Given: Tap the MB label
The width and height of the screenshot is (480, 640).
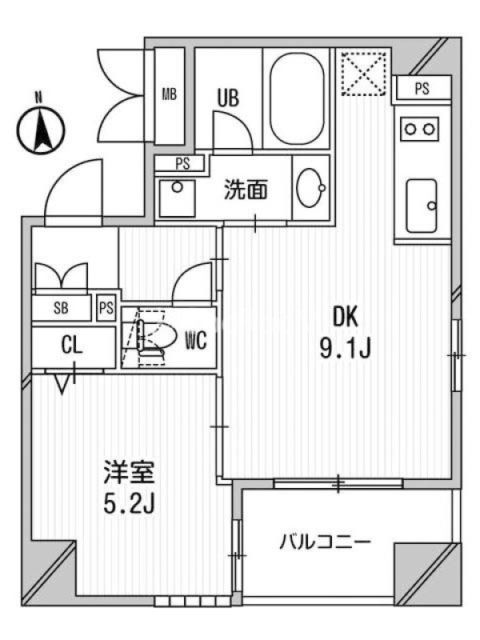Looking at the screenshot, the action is (x=170, y=94).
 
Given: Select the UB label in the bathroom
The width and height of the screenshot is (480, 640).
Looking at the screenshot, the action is (x=228, y=98).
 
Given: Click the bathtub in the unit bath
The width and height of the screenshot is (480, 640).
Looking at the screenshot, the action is (x=297, y=98).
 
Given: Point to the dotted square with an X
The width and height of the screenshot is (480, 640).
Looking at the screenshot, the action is (x=364, y=74).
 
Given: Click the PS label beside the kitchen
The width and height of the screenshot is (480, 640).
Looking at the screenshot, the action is (x=422, y=89).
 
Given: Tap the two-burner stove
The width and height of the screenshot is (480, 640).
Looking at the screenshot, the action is (x=419, y=129).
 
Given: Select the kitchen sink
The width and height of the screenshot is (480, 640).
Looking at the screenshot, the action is (x=422, y=206).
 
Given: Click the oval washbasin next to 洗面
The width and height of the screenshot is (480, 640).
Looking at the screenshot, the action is (x=311, y=188).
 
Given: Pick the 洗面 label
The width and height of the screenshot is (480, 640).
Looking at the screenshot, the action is (x=246, y=190).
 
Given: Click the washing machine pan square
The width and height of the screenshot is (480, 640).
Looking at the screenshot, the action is (x=177, y=198).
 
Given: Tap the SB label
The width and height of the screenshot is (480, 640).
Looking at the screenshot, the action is (x=61, y=308).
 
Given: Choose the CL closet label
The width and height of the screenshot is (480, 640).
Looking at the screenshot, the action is (x=72, y=346).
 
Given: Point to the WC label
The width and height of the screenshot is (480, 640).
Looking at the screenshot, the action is (x=196, y=341).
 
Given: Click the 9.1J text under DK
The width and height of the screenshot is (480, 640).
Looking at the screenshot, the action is (x=345, y=349).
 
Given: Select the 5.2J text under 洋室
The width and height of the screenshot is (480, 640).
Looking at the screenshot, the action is (x=129, y=505).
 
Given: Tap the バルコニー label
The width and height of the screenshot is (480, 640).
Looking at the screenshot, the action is (x=326, y=542).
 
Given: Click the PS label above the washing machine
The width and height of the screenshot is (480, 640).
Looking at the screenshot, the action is (x=183, y=164).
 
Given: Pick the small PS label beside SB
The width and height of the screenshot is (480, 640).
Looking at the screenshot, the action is (x=106, y=308).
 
